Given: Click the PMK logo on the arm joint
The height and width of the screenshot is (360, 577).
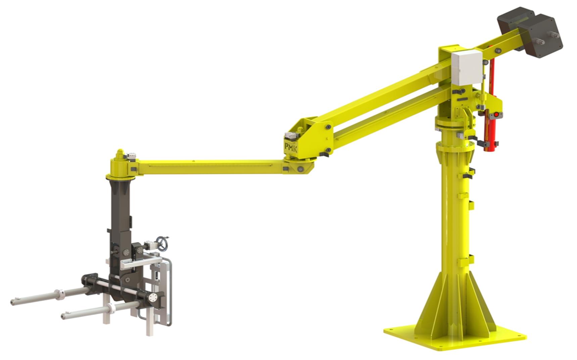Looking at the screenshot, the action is pyautogui.click(x=290, y=147).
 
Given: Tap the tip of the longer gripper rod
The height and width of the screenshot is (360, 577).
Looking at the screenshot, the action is pyautogui.click(x=12, y=302).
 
